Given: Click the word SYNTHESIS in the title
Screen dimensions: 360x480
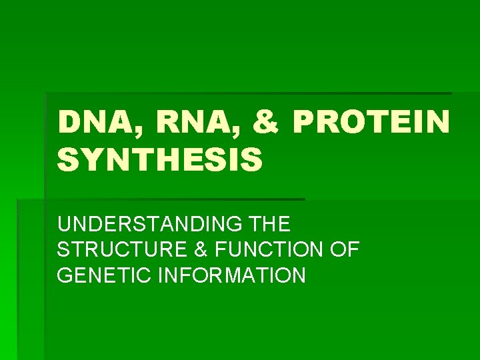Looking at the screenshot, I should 160,161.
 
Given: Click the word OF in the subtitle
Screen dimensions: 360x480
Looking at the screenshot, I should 345,250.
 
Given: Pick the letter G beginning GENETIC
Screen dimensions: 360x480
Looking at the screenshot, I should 65,275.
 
